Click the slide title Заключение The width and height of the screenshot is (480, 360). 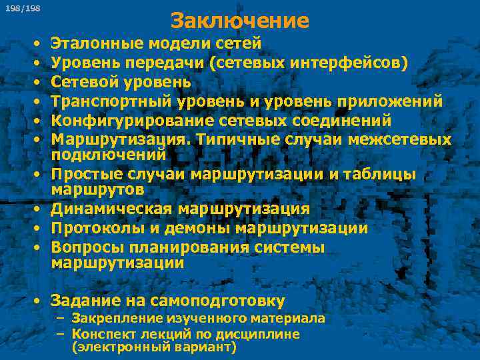(x=240, y=21)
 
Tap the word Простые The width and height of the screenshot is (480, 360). (x=83, y=175)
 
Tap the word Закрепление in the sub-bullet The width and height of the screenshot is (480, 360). (x=113, y=318)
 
